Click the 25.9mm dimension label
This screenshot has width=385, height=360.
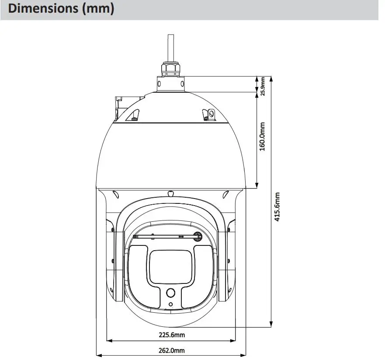tap(263, 86)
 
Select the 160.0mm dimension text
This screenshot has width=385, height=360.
tap(263, 136)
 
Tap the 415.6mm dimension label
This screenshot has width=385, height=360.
tap(277, 207)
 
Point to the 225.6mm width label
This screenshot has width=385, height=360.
tap(171, 335)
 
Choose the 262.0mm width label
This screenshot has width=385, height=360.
tap(171, 350)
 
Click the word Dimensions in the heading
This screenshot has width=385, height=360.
tap(43, 9)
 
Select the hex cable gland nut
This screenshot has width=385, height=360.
tap(170, 68)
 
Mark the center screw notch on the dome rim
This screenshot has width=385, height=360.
tap(171, 192)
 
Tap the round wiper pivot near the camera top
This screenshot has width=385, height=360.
tap(198, 236)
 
